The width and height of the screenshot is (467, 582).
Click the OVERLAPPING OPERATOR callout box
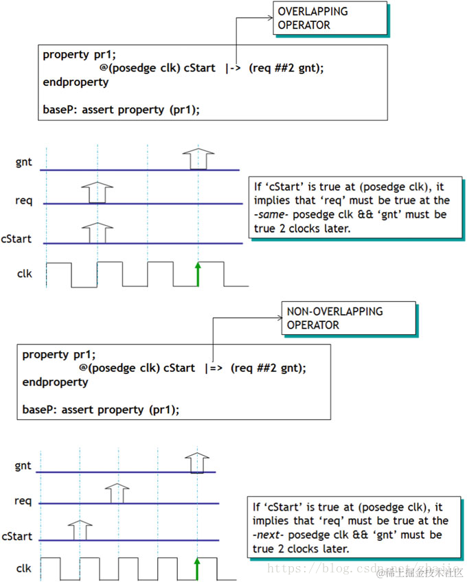tap(330, 19)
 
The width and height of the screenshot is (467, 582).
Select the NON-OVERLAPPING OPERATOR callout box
tap(348, 318)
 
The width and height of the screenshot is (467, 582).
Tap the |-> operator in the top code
tap(232, 68)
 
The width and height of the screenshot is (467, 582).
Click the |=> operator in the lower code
tap(212, 368)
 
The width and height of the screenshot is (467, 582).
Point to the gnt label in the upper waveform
tap(23, 162)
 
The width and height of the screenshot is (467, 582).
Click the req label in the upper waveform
tap(23, 201)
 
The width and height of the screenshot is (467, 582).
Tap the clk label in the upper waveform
tap(24, 274)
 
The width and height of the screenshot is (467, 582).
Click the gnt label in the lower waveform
tap(23, 465)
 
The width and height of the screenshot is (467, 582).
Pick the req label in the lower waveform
tap(23, 501)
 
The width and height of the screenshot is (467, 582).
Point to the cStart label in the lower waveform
tap(18, 536)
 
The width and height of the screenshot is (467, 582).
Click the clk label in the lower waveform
tap(24, 569)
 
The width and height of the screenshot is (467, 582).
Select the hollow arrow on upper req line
tap(98, 193)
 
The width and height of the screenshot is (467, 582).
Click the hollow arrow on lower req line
tap(118, 493)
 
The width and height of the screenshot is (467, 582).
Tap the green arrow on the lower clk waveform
tap(197, 569)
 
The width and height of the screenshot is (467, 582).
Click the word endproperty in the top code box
tap(76, 82)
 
